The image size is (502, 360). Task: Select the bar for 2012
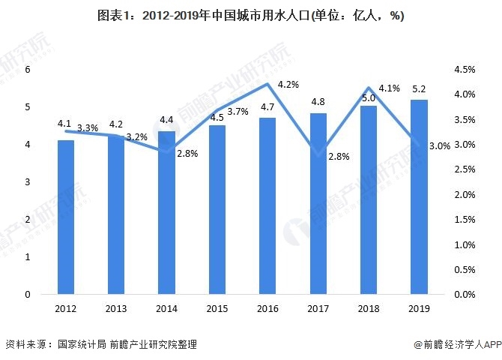(x=66, y=217)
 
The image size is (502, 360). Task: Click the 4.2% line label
(x=288, y=85)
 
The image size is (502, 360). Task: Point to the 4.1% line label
(x=389, y=88)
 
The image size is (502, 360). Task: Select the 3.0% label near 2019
(x=440, y=147)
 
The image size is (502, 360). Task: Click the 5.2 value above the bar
(x=420, y=90)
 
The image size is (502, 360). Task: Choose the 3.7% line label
(x=238, y=112)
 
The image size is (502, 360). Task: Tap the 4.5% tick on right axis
(x=465, y=70)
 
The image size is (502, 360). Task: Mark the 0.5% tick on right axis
(x=465, y=270)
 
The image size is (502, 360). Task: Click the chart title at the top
(x=251, y=16)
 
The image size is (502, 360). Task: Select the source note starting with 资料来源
(x=101, y=344)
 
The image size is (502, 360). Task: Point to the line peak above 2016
(x=267, y=83)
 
